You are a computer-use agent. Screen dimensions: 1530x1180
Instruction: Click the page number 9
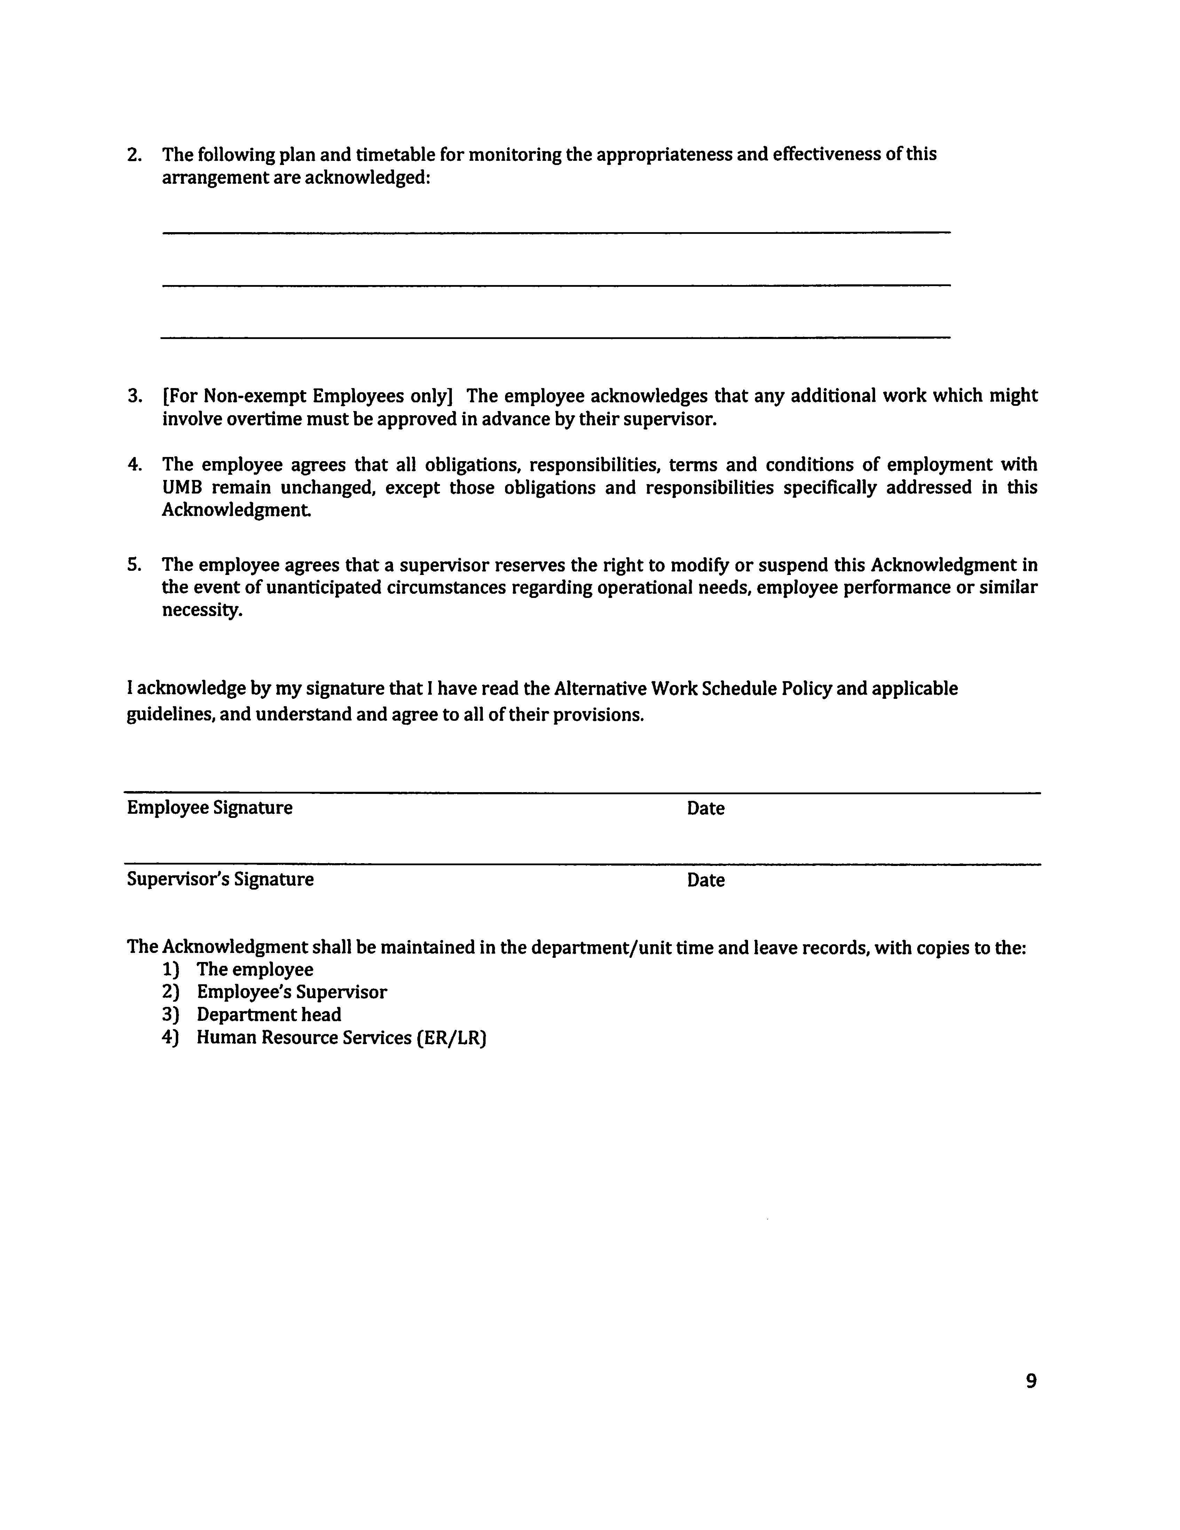(x=1031, y=1381)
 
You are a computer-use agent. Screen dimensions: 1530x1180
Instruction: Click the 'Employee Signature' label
(x=210, y=808)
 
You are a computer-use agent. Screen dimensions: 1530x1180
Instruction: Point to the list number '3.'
(x=135, y=396)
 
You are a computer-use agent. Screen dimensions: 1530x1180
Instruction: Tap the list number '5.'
(x=135, y=565)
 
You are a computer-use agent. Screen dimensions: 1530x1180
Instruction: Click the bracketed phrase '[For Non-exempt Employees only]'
(x=307, y=396)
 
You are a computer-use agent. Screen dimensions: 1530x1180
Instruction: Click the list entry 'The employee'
(x=255, y=970)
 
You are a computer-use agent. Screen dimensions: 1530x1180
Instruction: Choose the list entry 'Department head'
(x=269, y=1015)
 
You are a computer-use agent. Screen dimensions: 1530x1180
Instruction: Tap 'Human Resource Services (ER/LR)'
(x=341, y=1038)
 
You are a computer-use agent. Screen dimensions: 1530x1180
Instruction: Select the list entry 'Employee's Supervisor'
(x=291, y=992)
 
